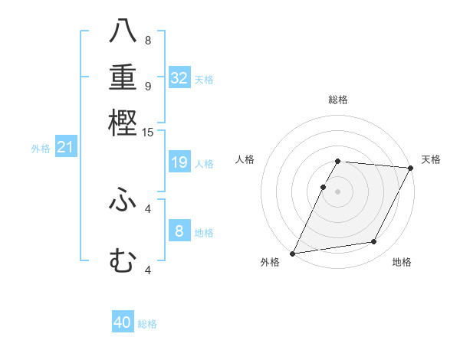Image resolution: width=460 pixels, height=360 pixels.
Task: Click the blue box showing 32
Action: (x=179, y=78)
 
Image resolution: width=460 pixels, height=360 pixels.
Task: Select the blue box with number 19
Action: (x=179, y=162)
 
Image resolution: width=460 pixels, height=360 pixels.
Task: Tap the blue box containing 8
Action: (x=179, y=231)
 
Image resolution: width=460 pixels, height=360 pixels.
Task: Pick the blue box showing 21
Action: (x=64, y=148)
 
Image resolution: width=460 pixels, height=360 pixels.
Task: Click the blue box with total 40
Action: (x=123, y=322)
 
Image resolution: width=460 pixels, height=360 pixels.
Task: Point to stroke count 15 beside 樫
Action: (x=148, y=133)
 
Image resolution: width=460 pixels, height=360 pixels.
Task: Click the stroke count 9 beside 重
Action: (x=148, y=86)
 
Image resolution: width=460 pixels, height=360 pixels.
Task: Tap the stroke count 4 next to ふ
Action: (x=148, y=208)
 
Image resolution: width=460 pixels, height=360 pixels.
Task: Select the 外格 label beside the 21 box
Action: (x=41, y=149)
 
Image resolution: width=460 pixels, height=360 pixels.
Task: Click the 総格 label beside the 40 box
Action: (x=147, y=324)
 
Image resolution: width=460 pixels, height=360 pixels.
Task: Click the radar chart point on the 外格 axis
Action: (x=292, y=254)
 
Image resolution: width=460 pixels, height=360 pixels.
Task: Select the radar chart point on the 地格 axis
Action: (x=374, y=242)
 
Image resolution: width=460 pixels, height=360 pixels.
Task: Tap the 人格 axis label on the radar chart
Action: (x=245, y=159)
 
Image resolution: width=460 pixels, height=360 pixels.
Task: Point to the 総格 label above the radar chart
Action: (x=338, y=100)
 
